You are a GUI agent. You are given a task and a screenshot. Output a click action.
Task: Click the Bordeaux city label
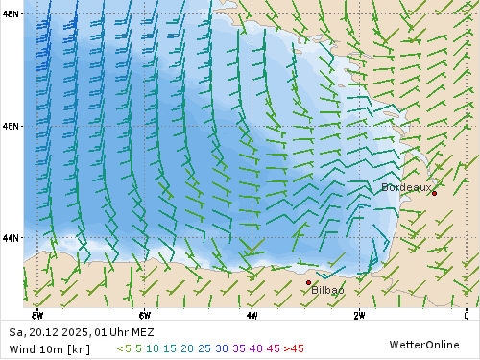click(x=406, y=187)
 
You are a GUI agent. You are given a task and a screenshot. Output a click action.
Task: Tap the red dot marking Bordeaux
click(x=434, y=193)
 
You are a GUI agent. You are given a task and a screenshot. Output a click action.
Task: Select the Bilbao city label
click(x=327, y=289)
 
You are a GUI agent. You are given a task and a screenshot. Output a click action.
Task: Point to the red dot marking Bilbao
click(x=308, y=282)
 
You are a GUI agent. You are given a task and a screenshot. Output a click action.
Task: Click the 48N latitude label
click(x=11, y=14)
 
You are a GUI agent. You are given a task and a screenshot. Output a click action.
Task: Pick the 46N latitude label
click(x=11, y=126)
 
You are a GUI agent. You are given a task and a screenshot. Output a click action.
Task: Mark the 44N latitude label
click(x=11, y=237)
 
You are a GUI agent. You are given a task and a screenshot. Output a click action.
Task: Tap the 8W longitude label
click(x=37, y=314)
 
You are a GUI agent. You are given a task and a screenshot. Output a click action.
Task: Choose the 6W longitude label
click(x=144, y=314)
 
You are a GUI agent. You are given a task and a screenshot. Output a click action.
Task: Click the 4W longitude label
click(x=252, y=314)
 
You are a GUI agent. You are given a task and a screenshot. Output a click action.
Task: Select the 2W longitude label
click(x=358, y=314)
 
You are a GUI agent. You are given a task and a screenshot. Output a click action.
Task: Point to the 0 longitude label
click(x=466, y=314)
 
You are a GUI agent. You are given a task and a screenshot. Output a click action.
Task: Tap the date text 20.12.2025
click(x=58, y=332)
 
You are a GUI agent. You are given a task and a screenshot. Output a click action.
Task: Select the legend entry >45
click(x=292, y=348)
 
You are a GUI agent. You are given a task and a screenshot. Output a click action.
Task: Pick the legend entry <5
click(x=124, y=348)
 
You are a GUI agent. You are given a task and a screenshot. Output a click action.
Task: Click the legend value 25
click(x=204, y=348)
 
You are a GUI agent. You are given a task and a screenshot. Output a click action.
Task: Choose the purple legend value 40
click(x=255, y=348)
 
